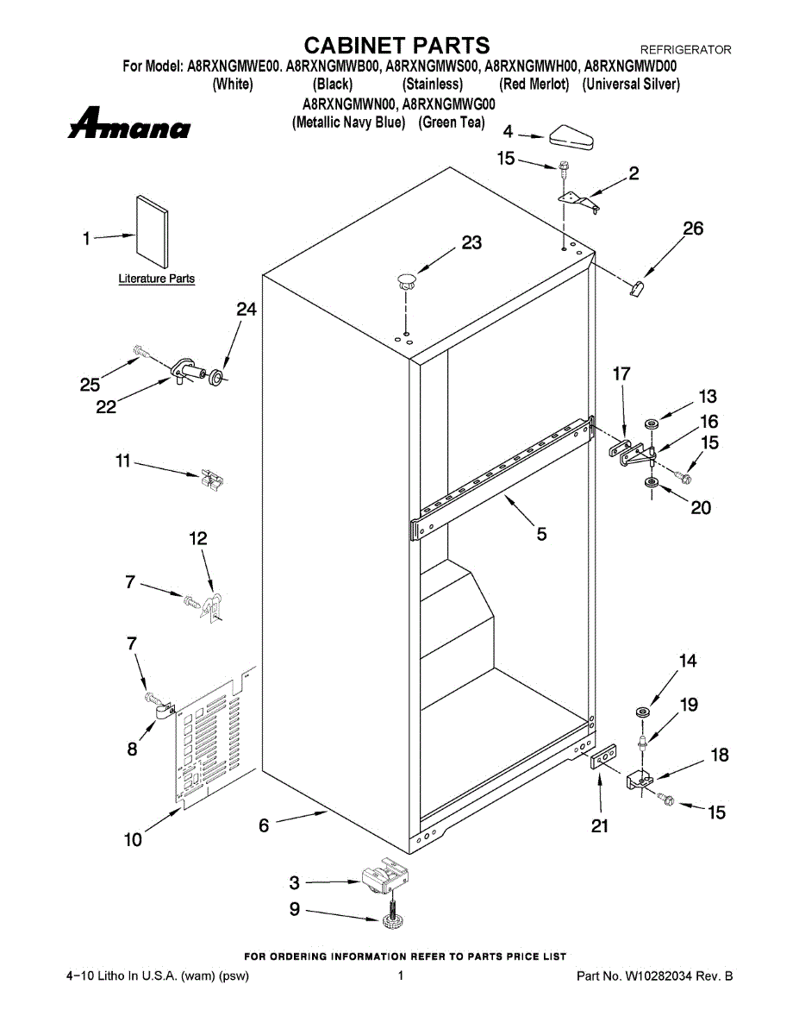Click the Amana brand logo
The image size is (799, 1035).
(x=129, y=125)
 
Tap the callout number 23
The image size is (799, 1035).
(x=471, y=243)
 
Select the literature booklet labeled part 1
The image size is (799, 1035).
(x=152, y=232)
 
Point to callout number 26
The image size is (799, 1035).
(x=693, y=229)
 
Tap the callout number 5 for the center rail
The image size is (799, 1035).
(x=541, y=535)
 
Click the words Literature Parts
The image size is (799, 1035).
(x=156, y=279)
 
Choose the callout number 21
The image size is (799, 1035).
(x=600, y=825)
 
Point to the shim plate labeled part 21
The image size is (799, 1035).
(x=602, y=756)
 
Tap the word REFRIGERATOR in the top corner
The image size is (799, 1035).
(x=685, y=50)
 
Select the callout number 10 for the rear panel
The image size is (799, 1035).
(x=133, y=838)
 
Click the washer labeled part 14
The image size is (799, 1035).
(x=642, y=712)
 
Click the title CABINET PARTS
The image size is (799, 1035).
(x=397, y=45)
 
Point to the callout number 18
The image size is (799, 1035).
(x=719, y=756)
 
